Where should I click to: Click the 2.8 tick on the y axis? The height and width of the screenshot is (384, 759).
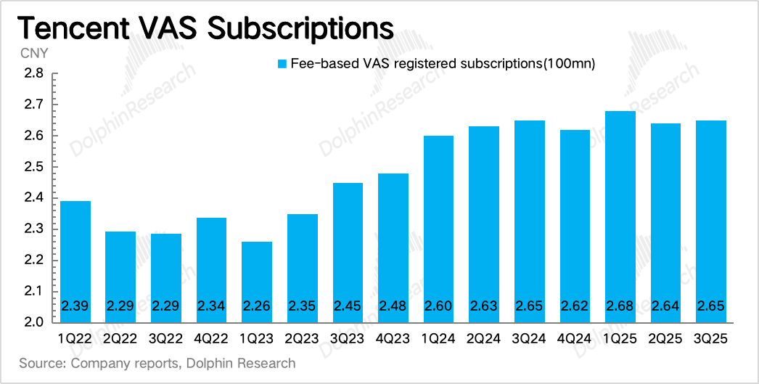pos(35,74)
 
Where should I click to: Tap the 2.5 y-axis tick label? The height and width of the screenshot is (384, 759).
pos(35,167)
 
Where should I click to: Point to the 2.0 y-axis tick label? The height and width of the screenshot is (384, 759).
pos(35,322)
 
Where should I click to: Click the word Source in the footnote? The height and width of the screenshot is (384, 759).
pos(39,363)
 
